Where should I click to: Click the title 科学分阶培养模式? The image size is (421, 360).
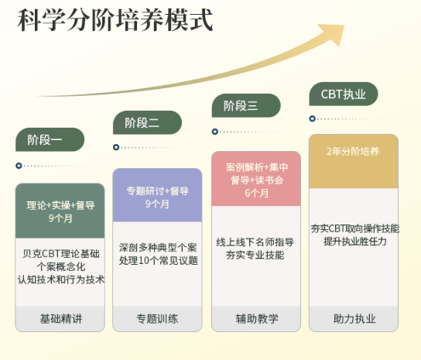(115, 20)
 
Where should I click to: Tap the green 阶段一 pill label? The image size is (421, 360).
(50, 139)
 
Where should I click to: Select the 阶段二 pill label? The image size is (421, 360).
(147, 122)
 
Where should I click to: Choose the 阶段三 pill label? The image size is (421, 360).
(246, 105)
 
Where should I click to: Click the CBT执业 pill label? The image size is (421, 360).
(344, 94)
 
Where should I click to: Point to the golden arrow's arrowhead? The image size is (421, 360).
(334, 33)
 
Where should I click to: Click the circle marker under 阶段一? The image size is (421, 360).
(19, 166)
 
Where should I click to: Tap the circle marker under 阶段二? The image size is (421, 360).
(116, 147)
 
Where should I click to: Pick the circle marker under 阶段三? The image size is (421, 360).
(215, 132)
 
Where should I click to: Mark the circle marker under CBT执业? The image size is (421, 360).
(312, 118)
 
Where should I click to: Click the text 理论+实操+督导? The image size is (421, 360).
(60, 205)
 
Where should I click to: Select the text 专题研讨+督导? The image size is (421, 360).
(157, 191)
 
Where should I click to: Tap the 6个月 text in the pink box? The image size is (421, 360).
(256, 193)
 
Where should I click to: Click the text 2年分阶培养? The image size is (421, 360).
(353, 152)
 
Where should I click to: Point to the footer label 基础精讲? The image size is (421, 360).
(61, 319)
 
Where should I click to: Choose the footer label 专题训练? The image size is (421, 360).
(157, 319)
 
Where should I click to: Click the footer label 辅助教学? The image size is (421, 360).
(257, 319)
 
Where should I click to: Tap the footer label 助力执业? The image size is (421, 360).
(354, 319)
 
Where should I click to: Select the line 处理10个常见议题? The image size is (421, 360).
(159, 260)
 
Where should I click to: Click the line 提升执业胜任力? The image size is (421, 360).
(354, 242)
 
